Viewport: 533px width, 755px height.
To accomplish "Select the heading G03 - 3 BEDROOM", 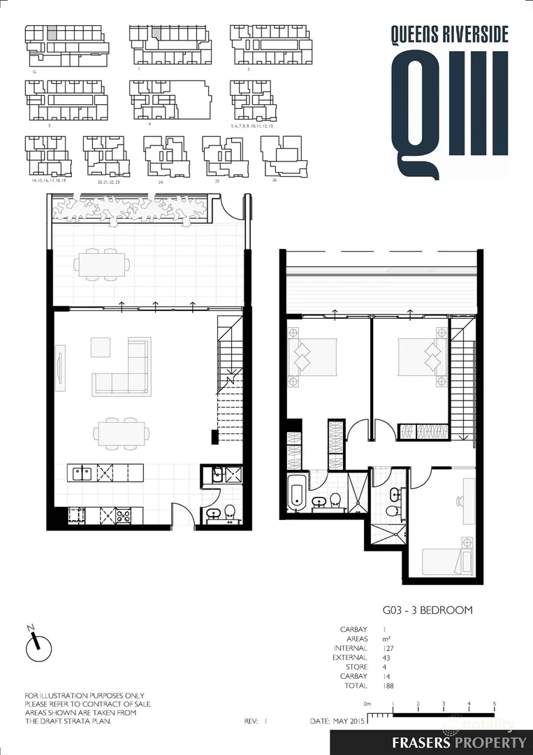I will pos(427,610).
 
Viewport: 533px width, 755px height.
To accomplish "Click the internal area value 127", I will pos(389,648).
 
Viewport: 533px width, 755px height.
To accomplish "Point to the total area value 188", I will pos(389,686).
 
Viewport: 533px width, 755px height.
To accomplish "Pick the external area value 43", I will pos(387,658).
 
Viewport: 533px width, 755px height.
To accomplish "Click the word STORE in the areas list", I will pos(356,667).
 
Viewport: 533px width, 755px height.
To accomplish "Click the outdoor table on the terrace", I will pos(103,265).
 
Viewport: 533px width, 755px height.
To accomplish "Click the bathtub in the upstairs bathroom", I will pos(295,494).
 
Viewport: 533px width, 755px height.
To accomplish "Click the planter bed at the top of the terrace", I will pos(131,208).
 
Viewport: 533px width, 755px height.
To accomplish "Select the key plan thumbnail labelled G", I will pos(66,46).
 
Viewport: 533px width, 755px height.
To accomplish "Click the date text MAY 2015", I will pos(347,720).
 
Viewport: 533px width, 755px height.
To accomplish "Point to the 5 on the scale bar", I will pos(495,704).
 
